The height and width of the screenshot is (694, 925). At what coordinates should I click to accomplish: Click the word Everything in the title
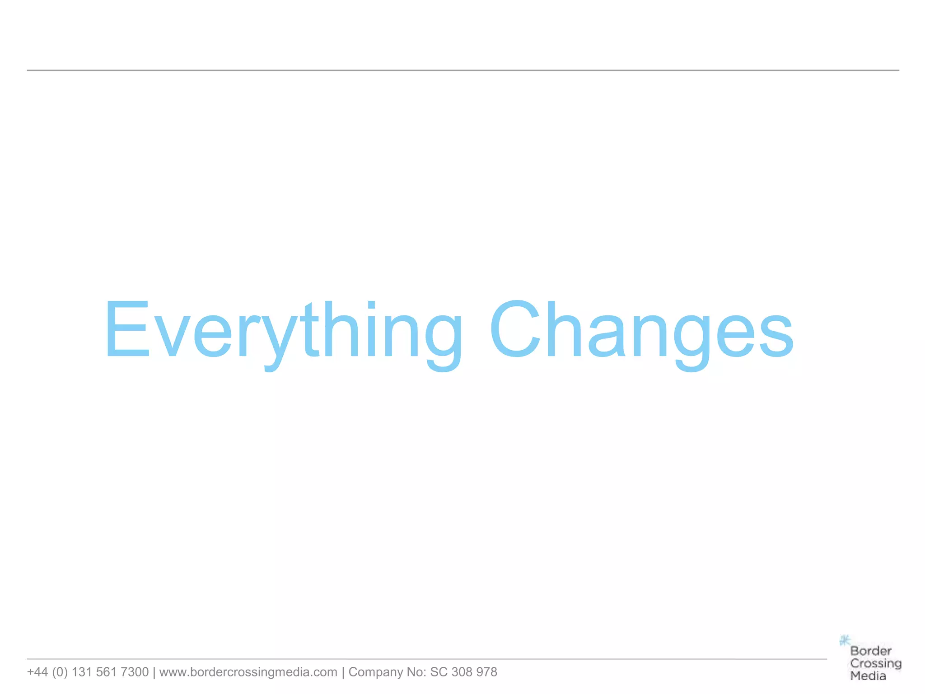click(284, 330)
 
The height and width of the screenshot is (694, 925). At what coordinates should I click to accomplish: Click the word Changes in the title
click(641, 330)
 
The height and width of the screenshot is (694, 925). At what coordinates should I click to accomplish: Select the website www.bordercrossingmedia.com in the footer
click(248, 672)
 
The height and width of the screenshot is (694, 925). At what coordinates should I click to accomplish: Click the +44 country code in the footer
click(37, 672)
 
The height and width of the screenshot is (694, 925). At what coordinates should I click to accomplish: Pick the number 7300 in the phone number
click(134, 672)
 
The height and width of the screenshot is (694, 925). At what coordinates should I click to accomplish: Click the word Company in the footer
click(375, 672)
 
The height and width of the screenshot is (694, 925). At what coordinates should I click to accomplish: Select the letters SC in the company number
click(439, 672)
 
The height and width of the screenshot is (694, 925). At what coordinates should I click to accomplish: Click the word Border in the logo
click(871, 651)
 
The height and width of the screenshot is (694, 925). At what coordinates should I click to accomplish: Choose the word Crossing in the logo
click(875, 663)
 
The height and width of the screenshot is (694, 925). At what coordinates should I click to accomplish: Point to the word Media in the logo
click(868, 676)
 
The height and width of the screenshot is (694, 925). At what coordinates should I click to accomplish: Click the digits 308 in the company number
click(462, 672)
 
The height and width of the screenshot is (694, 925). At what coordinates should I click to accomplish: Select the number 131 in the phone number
click(82, 672)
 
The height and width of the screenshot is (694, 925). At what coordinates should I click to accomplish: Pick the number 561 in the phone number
click(106, 672)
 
